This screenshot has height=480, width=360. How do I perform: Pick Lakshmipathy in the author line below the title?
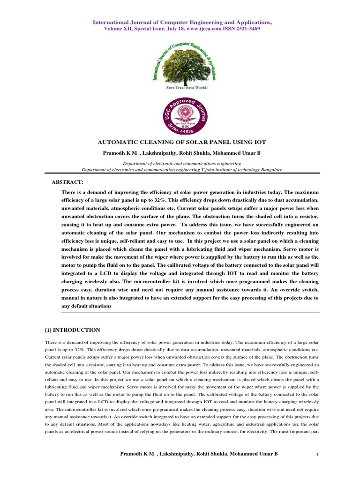tap(156, 152)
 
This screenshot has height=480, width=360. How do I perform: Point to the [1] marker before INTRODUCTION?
tap(48, 330)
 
